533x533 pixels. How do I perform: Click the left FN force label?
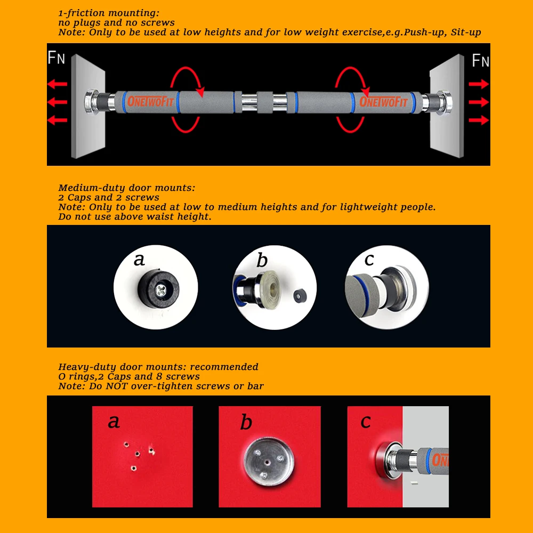click(56, 58)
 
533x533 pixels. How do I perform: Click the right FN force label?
click(480, 60)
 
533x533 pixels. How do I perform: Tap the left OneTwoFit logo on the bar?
click(150, 101)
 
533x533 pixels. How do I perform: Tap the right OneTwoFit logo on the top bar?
click(383, 101)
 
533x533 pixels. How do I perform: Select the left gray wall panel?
click(88, 106)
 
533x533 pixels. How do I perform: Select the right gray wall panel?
click(447, 106)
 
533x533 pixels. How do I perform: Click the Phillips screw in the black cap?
click(161, 290)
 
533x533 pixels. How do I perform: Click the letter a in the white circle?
click(139, 260)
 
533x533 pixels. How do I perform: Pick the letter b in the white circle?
click(262, 260)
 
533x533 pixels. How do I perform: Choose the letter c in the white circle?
click(369, 260)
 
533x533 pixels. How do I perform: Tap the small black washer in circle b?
click(300, 296)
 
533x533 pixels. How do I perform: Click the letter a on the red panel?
click(114, 422)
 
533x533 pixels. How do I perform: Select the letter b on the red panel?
click(246, 422)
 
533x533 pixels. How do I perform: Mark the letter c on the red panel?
click(366, 422)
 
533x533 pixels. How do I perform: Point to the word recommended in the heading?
click(224, 367)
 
